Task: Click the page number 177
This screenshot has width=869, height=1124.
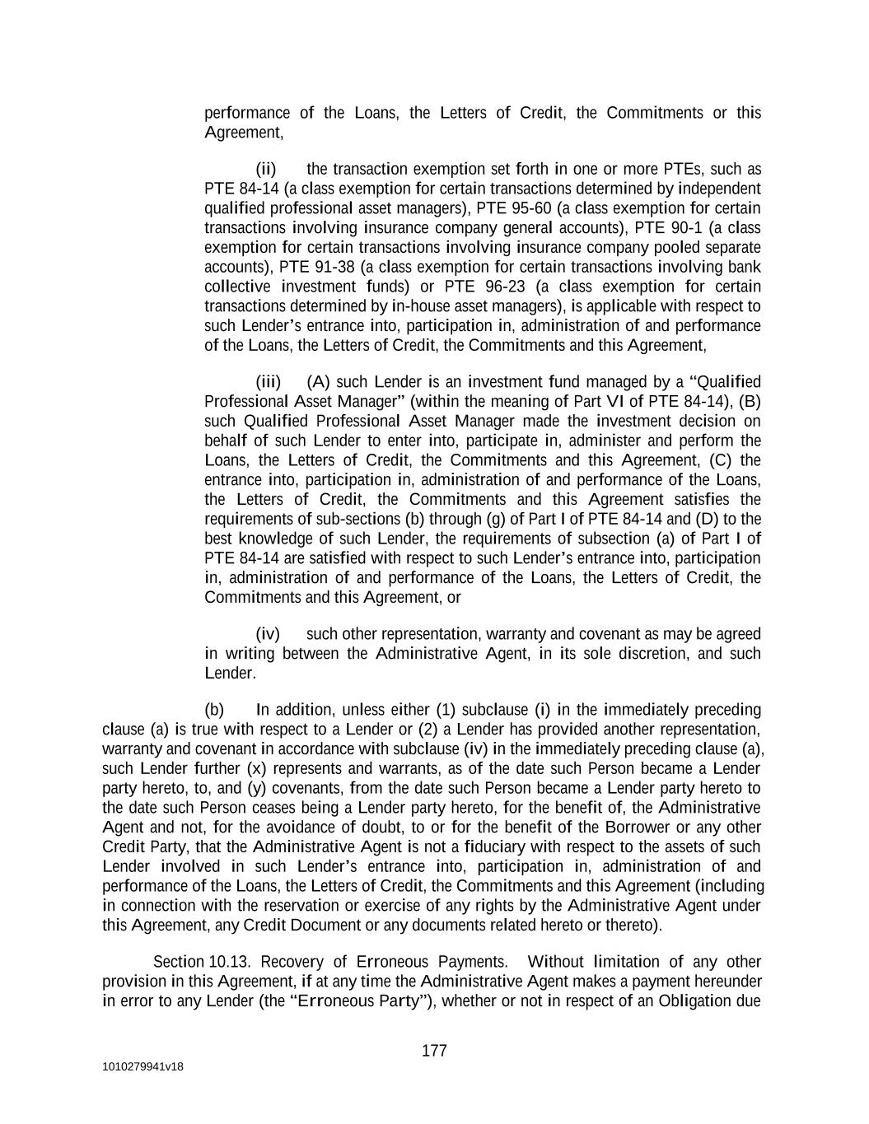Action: point(434,1051)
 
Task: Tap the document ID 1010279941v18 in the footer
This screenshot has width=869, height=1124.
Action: point(142,1067)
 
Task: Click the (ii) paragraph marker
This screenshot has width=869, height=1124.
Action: point(265,170)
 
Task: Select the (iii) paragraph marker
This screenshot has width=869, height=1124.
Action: point(268,382)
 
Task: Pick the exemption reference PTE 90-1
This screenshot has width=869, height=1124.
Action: point(668,228)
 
